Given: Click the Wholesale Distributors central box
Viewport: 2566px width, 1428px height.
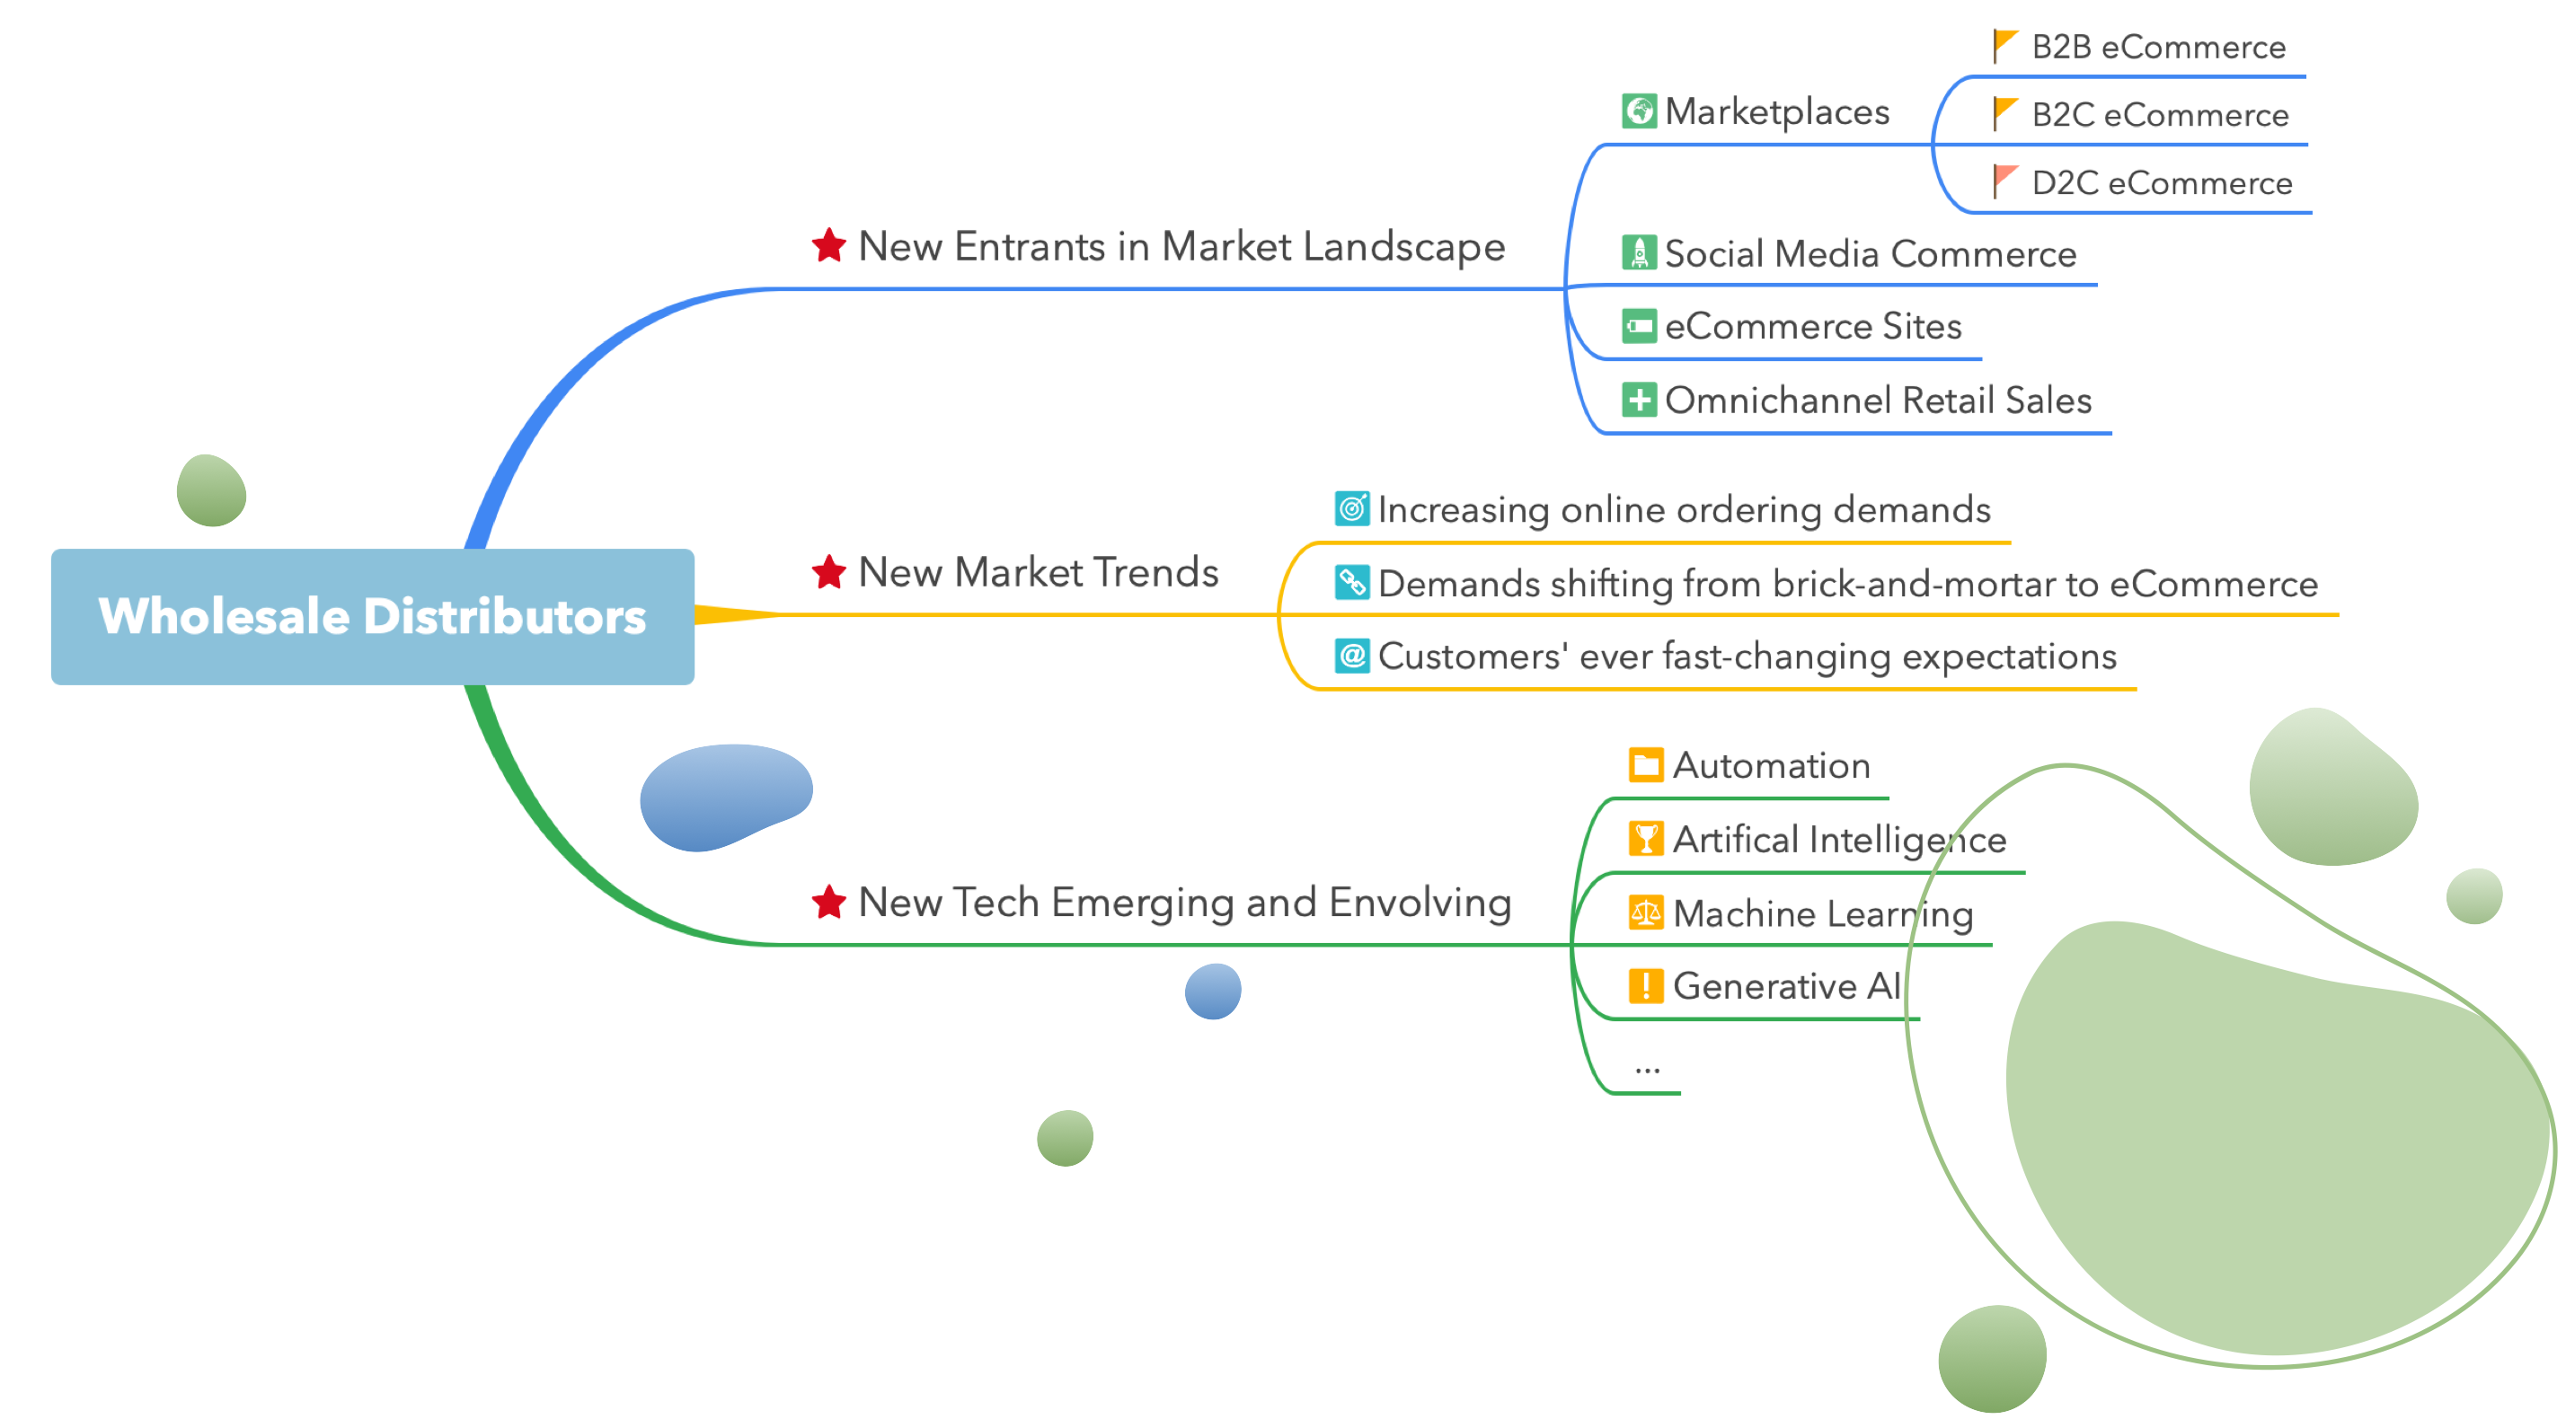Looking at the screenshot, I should [x=373, y=616].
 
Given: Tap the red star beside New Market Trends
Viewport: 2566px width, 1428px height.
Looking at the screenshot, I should [x=828, y=573].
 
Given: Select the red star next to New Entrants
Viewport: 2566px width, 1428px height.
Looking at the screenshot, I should [x=828, y=246].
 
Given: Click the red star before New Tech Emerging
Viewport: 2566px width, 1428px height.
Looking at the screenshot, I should [x=828, y=903].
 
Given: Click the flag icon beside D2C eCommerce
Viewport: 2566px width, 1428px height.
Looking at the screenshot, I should [x=2004, y=181].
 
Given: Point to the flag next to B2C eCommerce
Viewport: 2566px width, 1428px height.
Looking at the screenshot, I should [x=2004, y=113].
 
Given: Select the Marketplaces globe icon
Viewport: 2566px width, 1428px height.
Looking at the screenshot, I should [x=1639, y=110].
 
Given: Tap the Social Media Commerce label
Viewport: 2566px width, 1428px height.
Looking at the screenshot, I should [x=1870, y=254].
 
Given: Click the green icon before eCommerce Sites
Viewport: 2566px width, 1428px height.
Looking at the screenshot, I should [x=1639, y=326].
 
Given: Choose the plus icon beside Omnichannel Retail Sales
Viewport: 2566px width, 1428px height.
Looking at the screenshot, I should [x=1639, y=400].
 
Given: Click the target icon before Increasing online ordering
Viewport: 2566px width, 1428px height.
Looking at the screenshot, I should [x=1351, y=509].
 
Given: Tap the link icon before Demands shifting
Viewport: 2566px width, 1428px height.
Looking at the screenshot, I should [x=1351, y=583].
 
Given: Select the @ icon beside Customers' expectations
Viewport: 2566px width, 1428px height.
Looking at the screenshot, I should [x=1351, y=657].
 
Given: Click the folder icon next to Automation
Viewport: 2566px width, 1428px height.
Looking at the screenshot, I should [x=1646, y=765].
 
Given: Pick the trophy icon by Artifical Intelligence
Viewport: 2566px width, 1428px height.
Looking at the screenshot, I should [x=1646, y=839].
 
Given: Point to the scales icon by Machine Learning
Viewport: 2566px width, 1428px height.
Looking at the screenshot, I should [x=1646, y=912].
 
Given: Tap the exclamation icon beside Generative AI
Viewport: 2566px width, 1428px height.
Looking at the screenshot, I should [x=1646, y=986].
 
